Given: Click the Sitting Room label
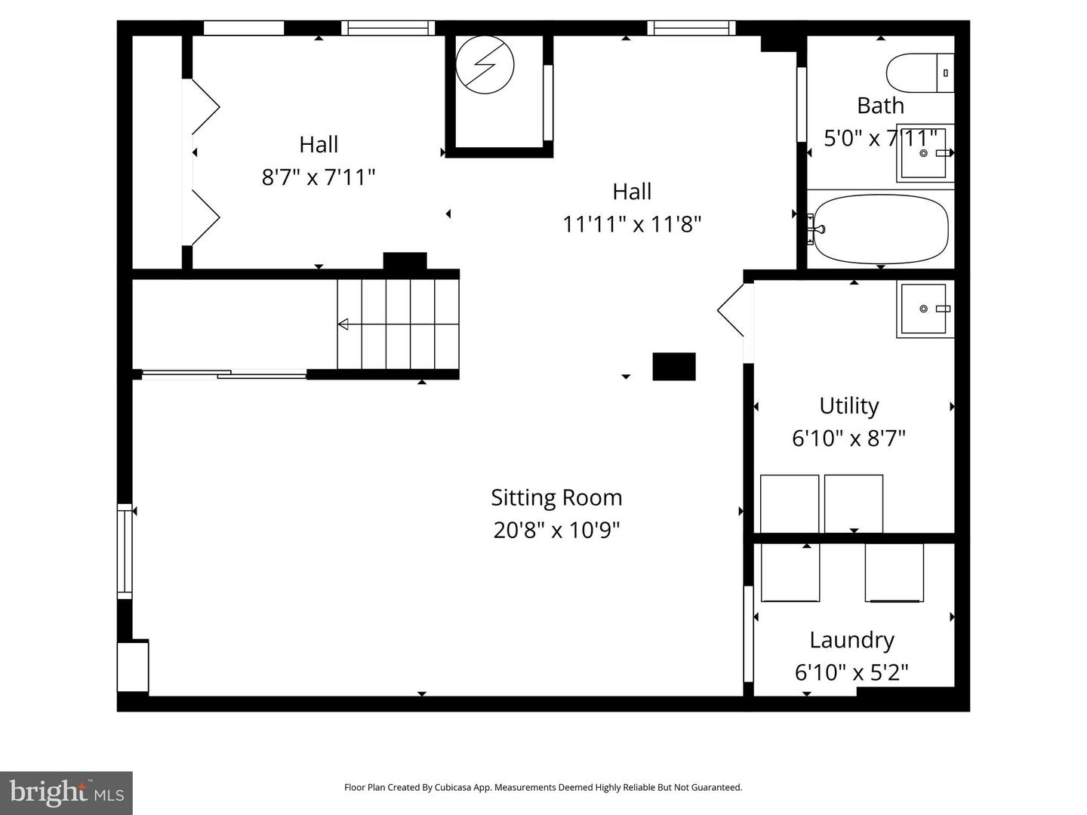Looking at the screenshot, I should click(556, 497).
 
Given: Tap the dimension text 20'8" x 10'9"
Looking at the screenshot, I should click(556, 530).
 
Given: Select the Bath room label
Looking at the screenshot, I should click(880, 106).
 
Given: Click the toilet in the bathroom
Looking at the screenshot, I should click(919, 72).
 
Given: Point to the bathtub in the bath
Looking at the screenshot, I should click(878, 229).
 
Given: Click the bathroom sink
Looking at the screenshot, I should click(925, 153).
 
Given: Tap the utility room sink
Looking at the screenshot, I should click(924, 309).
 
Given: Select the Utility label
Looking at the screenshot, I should click(848, 406).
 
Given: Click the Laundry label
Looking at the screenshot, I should click(851, 640).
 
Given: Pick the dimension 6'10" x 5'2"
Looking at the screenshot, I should click(851, 672).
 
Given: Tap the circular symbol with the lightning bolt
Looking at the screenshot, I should click(485, 65).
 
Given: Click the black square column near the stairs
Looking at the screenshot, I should click(673, 366).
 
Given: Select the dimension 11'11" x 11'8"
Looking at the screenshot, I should click(632, 224).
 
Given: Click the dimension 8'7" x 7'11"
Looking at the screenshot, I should click(319, 177).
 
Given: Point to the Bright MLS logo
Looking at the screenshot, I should click(66, 792).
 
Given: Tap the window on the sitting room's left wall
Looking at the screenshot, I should click(124, 551).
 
